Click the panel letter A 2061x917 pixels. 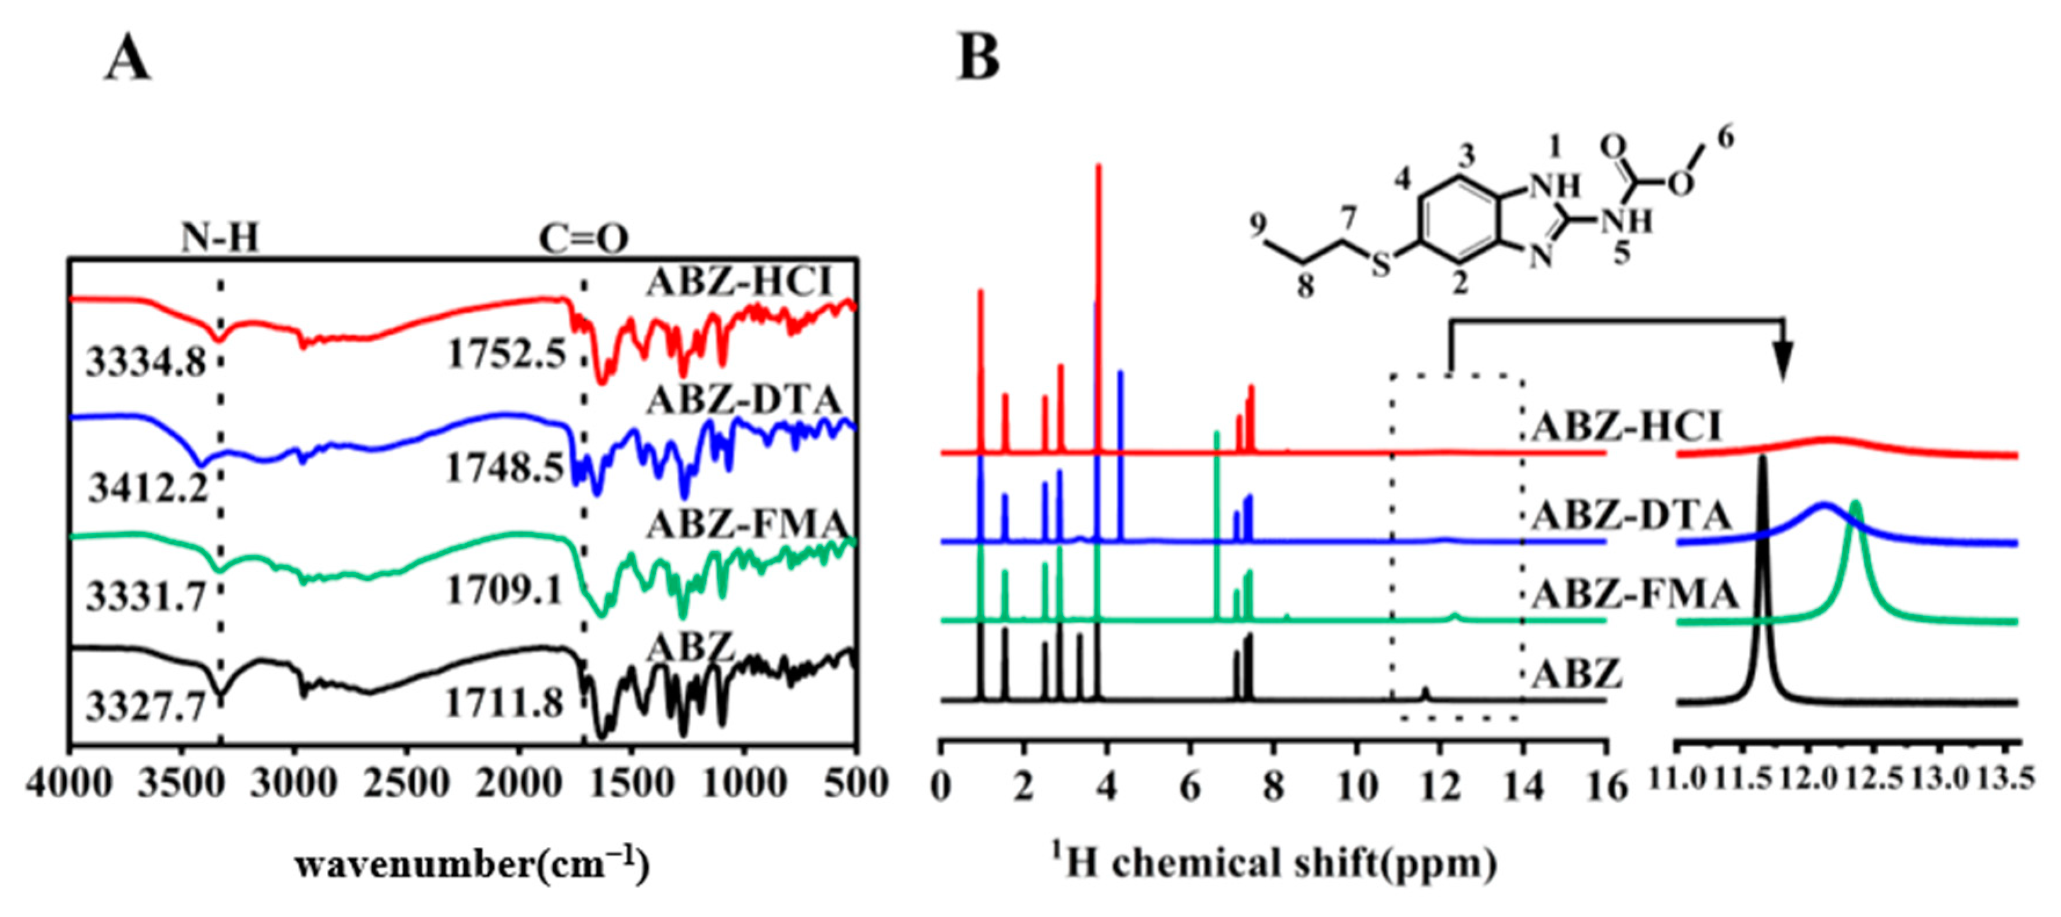coord(127,61)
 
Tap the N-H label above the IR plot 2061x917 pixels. coord(220,238)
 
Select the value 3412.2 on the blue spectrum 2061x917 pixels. coord(148,486)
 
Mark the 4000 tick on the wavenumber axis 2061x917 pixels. coord(71,783)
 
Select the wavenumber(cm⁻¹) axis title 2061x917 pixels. coord(472,864)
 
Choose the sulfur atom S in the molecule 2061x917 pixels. coord(1381,265)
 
